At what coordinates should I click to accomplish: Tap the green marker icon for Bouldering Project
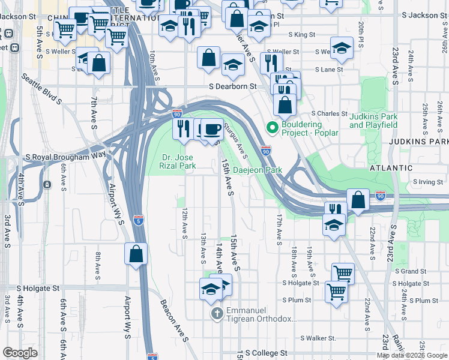pos(272,127)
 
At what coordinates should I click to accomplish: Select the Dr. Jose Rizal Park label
pos(178,161)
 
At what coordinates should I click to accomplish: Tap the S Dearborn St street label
pos(232,86)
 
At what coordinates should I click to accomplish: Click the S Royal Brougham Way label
pos(65,157)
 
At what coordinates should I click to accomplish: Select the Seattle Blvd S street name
pos(41,88)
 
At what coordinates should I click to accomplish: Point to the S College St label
pos(267,353)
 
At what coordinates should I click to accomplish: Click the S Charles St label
pos(328,113)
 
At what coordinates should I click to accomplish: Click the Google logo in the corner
pos(20,353)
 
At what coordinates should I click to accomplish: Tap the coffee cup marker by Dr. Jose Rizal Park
pos(211,130)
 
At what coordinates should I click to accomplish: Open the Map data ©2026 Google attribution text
pos(412,355)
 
